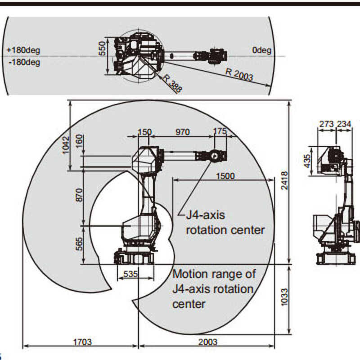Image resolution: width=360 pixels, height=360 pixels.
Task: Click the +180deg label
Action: click(x=23, y=49)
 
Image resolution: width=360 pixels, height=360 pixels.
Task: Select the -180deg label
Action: click(x=23, y=62)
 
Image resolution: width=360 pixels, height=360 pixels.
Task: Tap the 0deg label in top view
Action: click(x=262, y=50)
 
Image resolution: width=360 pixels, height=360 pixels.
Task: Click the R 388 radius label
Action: click(x=172, y=84)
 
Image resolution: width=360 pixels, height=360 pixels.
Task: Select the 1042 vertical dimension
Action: click(x=67, y=145)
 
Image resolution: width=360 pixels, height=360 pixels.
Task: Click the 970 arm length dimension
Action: click(x=182, y=132)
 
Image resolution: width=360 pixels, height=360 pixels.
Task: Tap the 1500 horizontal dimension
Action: click(x=225, y=176)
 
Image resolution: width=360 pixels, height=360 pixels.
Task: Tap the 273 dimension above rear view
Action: click(x=327, y=124)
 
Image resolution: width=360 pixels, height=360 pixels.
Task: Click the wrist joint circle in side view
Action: click(x=215, y=156)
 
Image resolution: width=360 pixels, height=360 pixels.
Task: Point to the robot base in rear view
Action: click(x=335, y=258)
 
